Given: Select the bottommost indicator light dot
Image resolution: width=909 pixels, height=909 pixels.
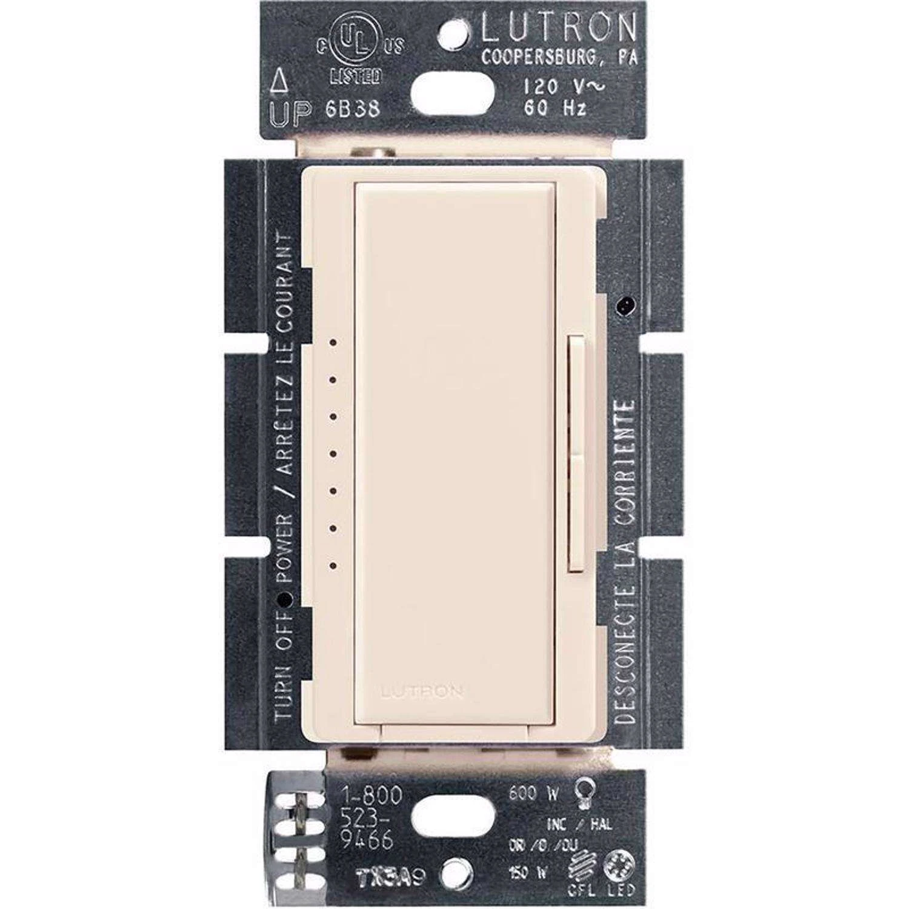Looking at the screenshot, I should pos(333,566).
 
